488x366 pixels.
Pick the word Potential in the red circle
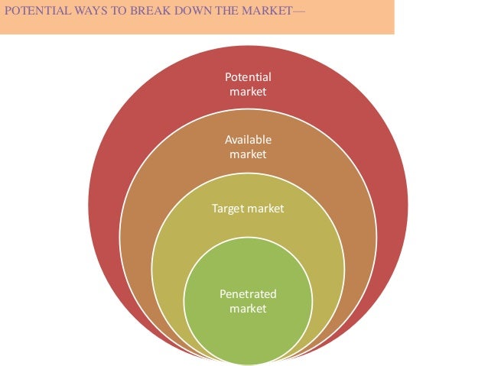tap(248, 77)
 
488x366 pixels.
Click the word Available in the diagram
tap(248, 141)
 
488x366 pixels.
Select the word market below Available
tap(248, 154)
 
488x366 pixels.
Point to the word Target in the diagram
tap(228, 209)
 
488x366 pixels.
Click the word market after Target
tap(265, 209)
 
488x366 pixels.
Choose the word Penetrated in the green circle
tap(248, 294)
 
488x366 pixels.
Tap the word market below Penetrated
tap(248, 308)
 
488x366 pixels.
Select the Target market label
tap(248, 209)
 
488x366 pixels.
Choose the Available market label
tap(248, 147)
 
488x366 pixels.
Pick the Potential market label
tap(248, 84)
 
